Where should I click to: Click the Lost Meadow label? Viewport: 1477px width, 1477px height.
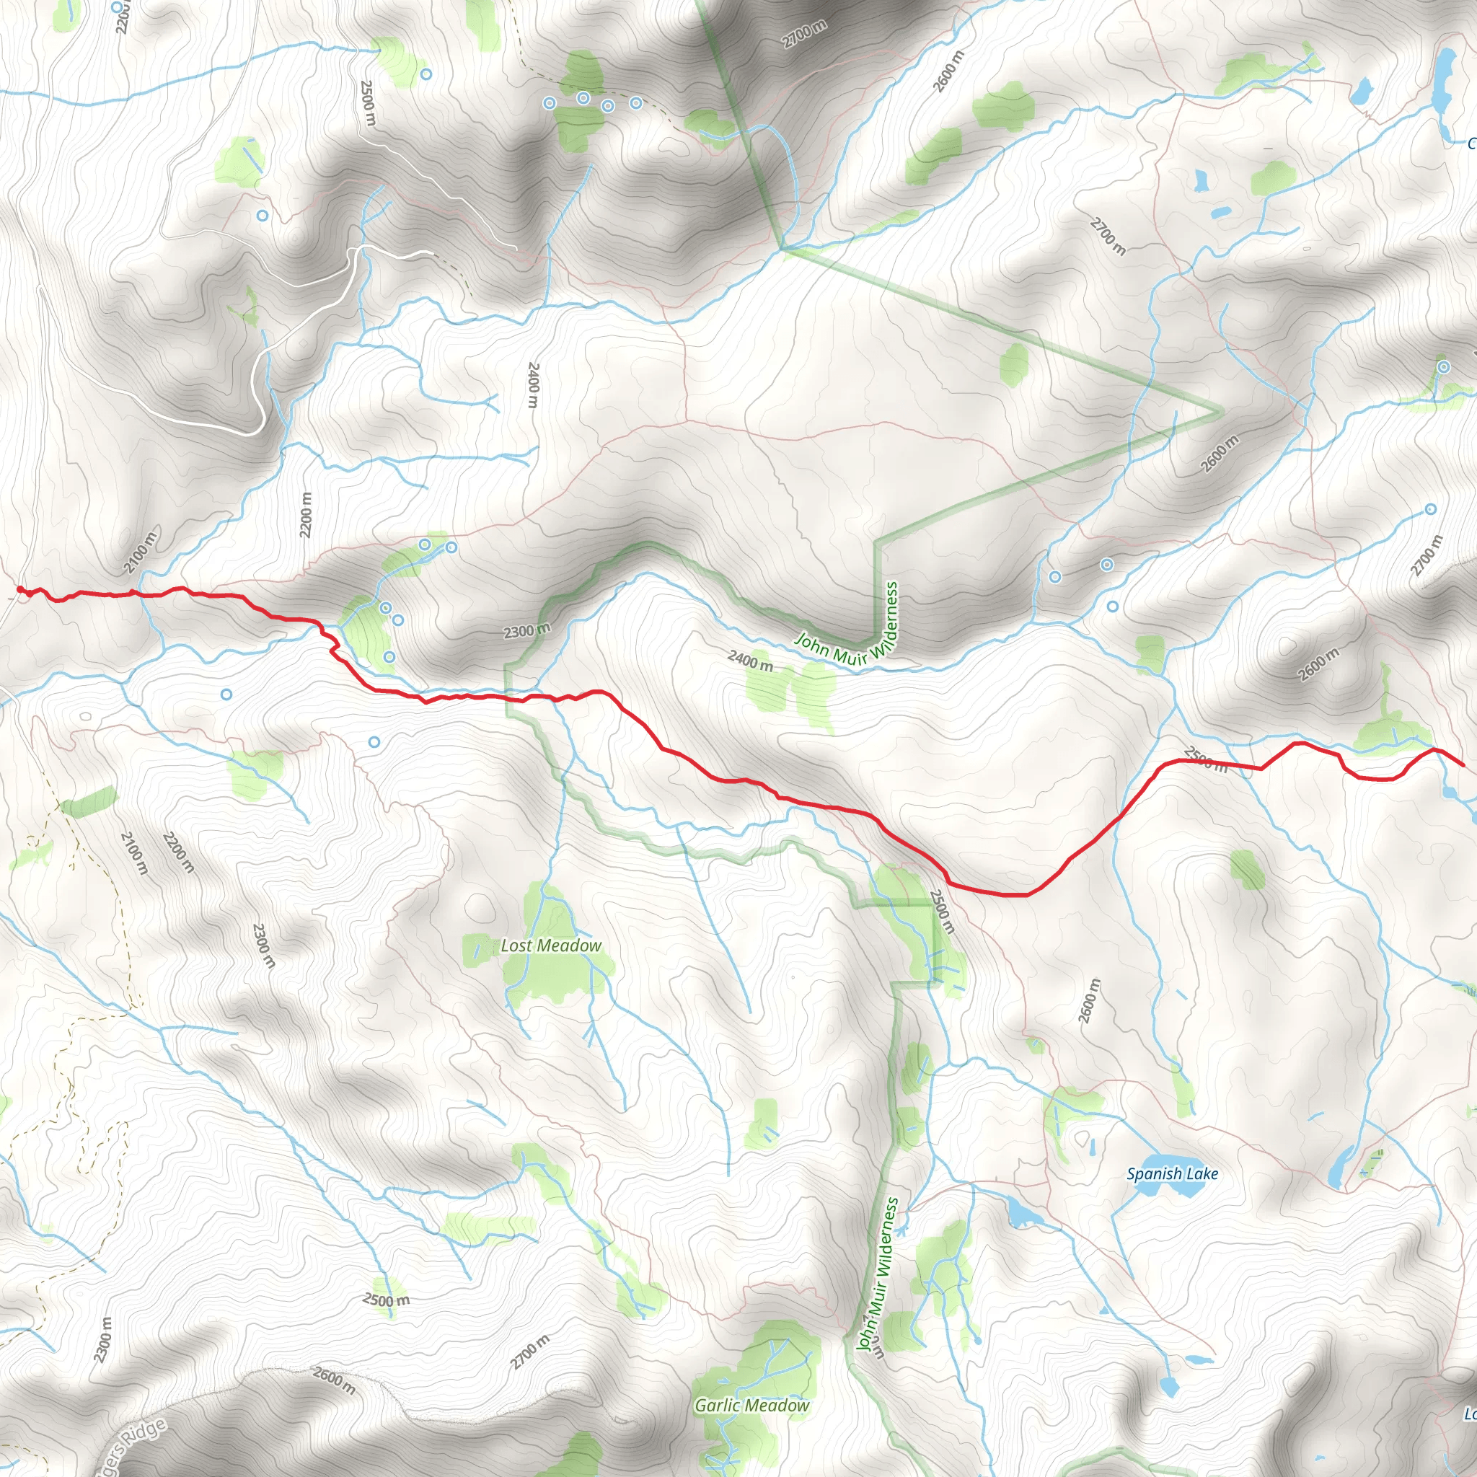tap(550, 945)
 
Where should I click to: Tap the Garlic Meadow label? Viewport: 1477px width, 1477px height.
tap(751, 1405)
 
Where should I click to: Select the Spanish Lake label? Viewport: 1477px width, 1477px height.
tap(1172, 1173)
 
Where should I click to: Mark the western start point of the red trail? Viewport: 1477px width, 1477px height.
tap(20, 589)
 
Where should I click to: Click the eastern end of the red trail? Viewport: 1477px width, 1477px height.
tap(1463, 764)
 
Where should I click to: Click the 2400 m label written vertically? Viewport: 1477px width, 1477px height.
tap(533, 385)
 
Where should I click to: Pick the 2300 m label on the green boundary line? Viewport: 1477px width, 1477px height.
tap(526, 631)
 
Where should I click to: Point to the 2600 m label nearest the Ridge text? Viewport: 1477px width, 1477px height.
tap(333, 1380)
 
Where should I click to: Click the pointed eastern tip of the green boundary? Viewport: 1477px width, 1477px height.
tap(1221, 411)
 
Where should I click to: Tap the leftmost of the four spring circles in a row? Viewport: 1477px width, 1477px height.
tap(549, 102)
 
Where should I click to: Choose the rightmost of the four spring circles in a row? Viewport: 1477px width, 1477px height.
tap(635, 102)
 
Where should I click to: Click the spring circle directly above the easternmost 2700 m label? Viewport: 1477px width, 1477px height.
tap(1430, 509)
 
